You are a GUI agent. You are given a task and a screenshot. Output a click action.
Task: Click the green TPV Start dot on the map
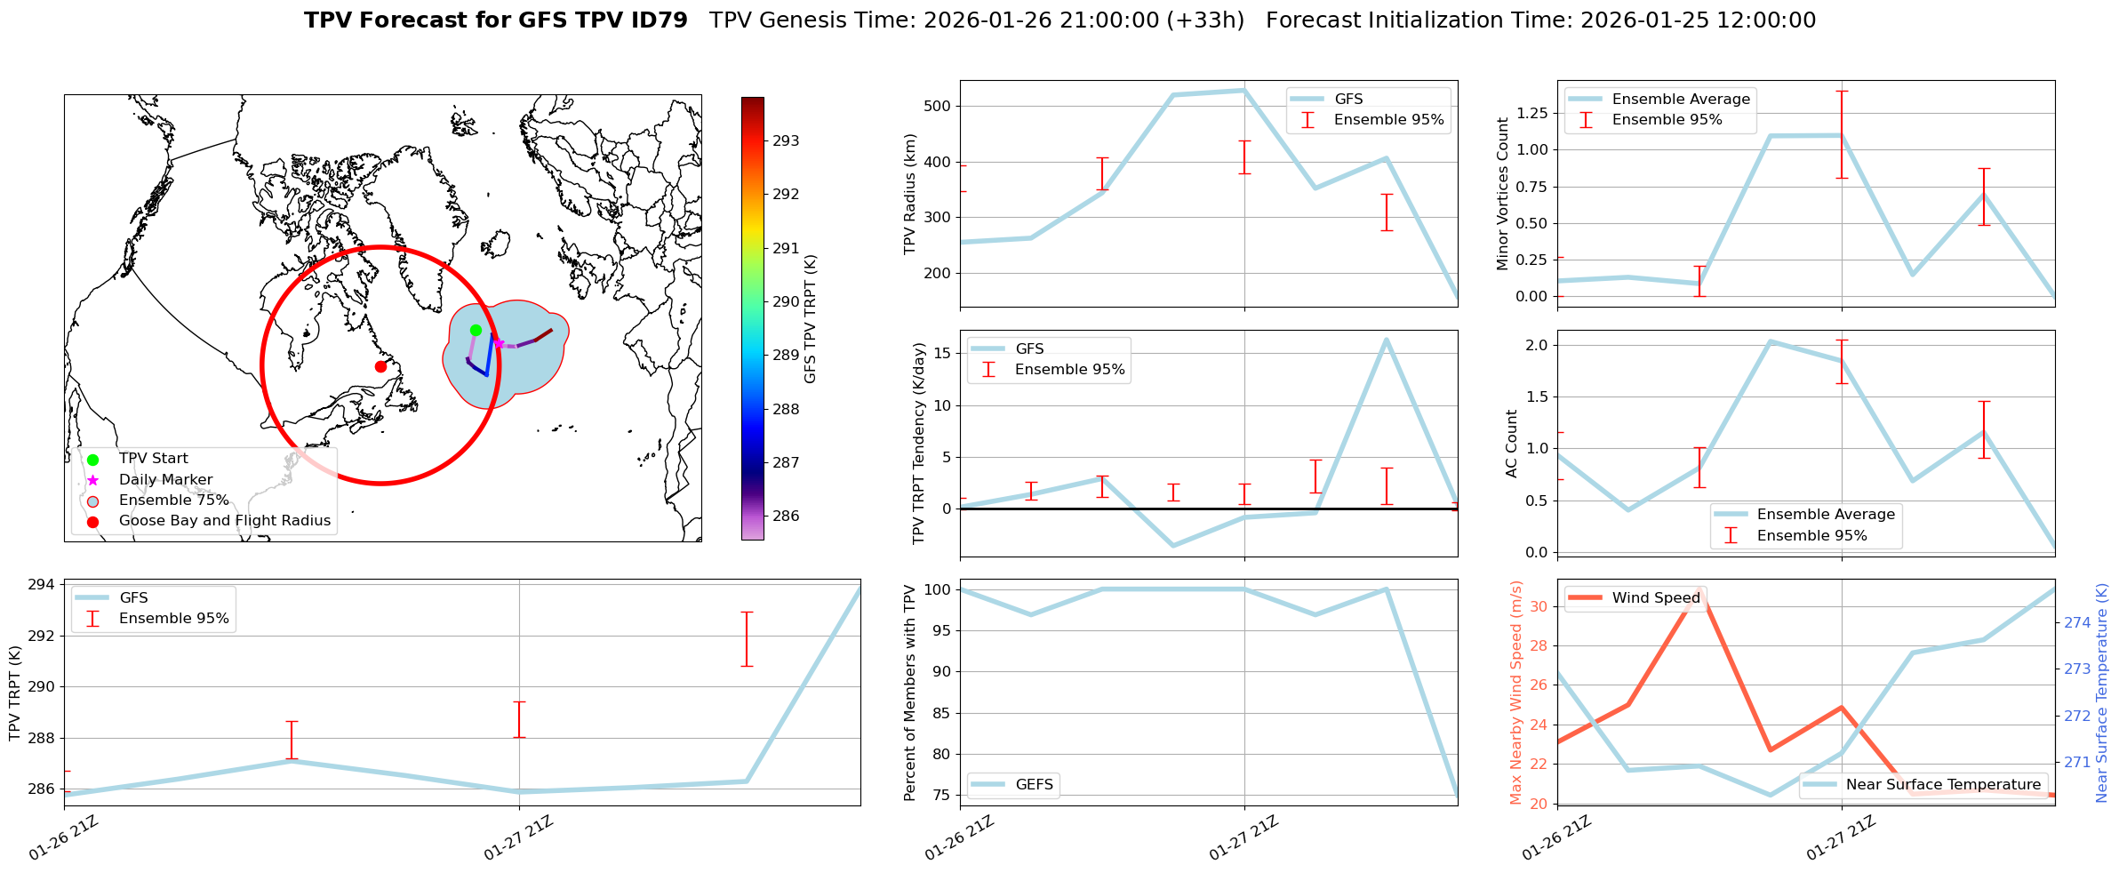tap(476, 330)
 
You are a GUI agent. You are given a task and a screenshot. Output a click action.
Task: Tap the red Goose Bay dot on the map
tap(380, 366)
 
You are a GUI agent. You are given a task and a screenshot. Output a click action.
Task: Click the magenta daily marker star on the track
tap(499, 343)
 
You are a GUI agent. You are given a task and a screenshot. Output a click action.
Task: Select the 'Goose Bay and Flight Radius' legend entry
tap(224, 521)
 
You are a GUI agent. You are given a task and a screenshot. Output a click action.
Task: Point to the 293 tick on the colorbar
tap(786, 140)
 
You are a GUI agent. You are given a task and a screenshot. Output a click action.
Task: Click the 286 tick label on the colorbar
tap(786, 516)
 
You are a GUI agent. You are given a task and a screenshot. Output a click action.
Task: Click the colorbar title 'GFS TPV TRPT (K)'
tap(810, 319)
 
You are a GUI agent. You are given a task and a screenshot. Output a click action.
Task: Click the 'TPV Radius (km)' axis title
tap(910, 194)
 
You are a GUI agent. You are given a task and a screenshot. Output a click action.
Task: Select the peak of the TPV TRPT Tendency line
tap(1386, 340)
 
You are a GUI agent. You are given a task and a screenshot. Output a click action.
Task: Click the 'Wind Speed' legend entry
tap(1655, 598)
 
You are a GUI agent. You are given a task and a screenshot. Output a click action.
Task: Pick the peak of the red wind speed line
tap(1699, 589)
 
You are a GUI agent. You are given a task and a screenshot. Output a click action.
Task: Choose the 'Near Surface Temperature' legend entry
tap(1942, 785)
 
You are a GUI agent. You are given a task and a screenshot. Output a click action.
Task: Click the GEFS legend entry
tap(1034, 785)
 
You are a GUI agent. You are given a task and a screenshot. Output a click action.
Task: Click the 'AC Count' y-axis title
tap(1511, 444)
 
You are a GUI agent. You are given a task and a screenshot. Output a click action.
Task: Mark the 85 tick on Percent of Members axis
tap(940, 713)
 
